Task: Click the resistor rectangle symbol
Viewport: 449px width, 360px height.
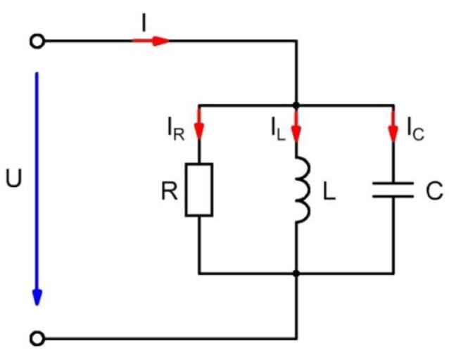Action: pyautogui.click(x=199, y=189)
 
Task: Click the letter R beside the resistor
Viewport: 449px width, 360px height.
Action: pyautogui.click(x=169, y=191)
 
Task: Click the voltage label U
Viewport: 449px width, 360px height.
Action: pyautogui.click(x=13, y=178)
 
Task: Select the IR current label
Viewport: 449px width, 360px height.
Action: pyautogui.click(x=175, y=129)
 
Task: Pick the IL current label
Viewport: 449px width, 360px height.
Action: pyautogui.click(x=277, y=128)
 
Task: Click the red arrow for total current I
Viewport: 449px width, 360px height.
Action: pyautogui.click(x=151, y=41)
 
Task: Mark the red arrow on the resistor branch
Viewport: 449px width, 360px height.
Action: pyautogui.click(x=199, y=125)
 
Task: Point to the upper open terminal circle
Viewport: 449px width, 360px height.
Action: pyautogui.click(x=37, y=41)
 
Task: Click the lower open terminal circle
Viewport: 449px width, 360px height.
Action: pyautogui.click(x=37, y=339)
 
